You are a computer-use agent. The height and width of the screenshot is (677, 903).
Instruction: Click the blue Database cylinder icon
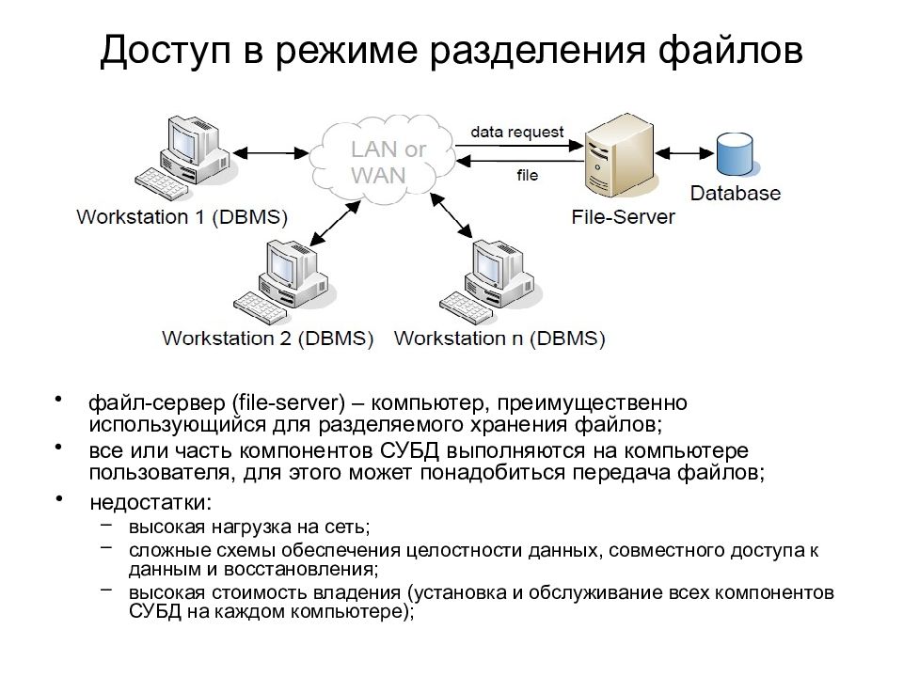coord(735,153)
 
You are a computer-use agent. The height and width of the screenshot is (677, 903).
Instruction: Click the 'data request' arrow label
coord(517,132)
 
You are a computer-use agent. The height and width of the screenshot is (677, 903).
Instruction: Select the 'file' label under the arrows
coord(528,175)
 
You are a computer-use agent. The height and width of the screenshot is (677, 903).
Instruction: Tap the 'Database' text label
coord(736,193)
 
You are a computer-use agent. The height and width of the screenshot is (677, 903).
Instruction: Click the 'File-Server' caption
coord(623,217)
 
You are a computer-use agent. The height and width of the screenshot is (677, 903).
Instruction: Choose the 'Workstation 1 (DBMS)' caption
coord(182,217)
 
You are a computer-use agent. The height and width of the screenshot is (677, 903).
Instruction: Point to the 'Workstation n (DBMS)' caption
coord(499,338)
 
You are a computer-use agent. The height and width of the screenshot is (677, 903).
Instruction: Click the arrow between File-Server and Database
coord(684,153)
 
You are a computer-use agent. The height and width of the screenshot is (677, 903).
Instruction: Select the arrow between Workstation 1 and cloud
coord(270,152)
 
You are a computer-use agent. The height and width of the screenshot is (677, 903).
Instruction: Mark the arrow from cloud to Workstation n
coord(452,216)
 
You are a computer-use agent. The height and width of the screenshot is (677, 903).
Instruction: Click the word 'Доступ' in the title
coord(166,51)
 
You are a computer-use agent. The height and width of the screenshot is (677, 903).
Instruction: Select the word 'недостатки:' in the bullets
coord(150,502)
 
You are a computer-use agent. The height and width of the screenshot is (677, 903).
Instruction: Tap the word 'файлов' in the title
coord(731,50)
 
